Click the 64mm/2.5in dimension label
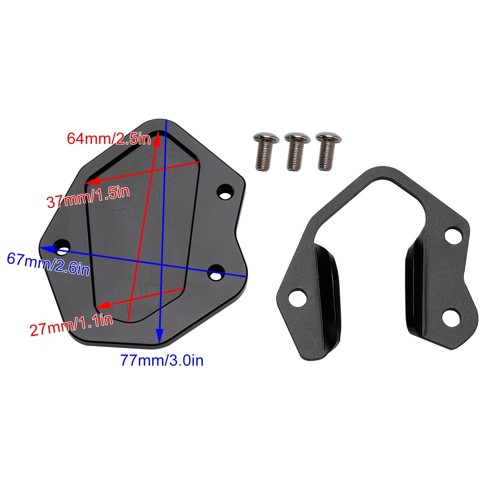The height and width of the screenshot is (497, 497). click(109, 138)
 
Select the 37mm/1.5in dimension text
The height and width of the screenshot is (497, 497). click(88, 197)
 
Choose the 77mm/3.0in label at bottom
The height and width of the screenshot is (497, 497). click(162, 361)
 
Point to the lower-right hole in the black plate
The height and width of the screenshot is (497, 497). click(216, 271)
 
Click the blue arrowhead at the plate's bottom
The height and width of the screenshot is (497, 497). click(159, 336)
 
